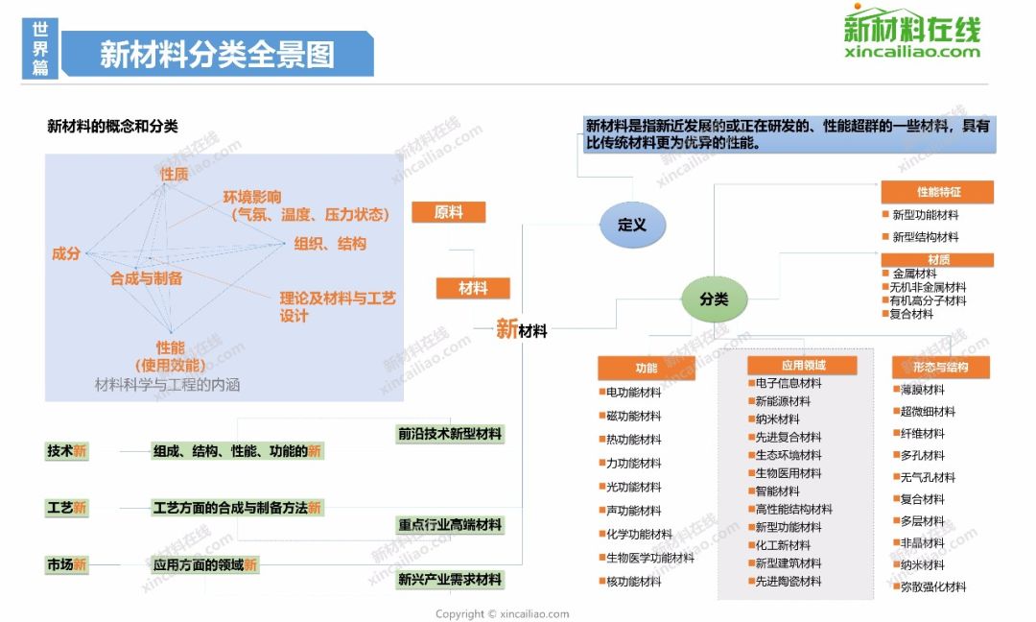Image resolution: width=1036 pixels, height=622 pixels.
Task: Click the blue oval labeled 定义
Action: (x=632, y=225)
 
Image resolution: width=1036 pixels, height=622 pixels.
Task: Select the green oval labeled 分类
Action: (x=715, y=299)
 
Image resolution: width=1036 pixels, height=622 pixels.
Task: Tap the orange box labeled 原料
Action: (x=449, y=212)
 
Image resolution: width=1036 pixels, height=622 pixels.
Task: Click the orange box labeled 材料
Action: (x=473, y=288)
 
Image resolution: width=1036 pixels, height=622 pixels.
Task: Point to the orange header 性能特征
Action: (x=937, y=192)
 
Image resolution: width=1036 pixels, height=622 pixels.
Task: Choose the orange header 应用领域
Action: (x=802, y=365)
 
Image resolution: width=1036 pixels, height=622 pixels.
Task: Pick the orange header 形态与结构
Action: (x=941, y=367)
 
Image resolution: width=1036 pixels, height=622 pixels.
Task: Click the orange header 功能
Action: (x=647, y=369)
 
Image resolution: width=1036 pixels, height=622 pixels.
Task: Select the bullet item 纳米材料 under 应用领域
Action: (x=774, y=419)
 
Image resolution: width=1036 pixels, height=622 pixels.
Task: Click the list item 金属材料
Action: (x=909, y=274)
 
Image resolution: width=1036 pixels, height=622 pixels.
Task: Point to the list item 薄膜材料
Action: (x=919, y=390)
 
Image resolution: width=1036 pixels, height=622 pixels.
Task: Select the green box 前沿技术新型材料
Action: (x=450, y=434)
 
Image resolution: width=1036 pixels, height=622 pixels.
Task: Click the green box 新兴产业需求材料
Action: (x=450, y=580)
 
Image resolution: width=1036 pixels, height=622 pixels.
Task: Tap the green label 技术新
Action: (x=67, y=451)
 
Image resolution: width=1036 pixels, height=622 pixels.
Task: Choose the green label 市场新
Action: (x=67, y=564)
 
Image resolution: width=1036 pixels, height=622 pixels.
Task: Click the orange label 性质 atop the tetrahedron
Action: (x=175, y=174)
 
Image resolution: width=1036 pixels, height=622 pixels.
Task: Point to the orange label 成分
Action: (x=66, y=253)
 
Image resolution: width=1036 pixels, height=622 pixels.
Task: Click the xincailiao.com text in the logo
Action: (x=912, y=52)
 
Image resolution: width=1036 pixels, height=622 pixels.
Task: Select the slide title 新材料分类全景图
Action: (x=218, y=54)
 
